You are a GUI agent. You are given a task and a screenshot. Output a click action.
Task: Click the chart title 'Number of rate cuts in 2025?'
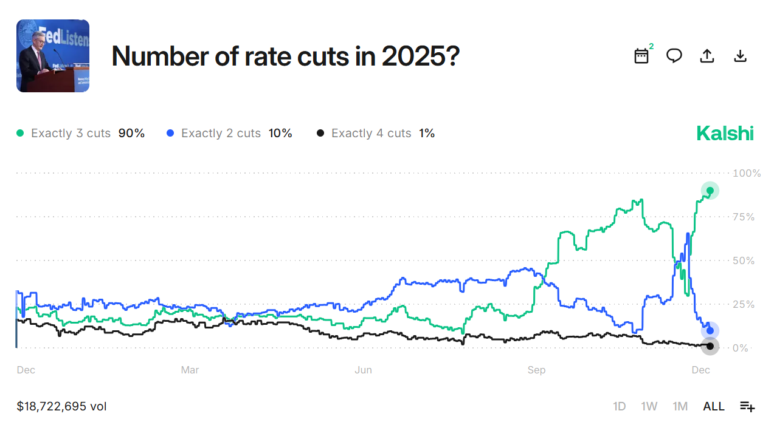coord(285,56)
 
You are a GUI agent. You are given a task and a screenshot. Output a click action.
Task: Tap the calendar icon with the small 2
coord(641,56)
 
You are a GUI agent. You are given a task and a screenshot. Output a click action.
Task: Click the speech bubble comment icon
coord(674,56)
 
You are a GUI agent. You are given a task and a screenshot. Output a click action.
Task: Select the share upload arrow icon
coord(707,56)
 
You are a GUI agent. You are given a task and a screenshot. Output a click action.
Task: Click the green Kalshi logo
coord(725,134)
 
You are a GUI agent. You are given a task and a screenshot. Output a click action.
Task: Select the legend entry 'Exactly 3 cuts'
coord(71,133)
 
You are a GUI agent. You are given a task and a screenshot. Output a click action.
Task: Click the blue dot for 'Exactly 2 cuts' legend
coord(170,133)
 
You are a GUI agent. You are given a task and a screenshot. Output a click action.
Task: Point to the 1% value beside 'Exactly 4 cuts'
coord(427,133)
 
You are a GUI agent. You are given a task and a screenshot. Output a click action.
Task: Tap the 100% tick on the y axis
coord(747,173)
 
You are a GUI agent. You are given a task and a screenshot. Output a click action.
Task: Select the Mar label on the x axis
coord(190,370)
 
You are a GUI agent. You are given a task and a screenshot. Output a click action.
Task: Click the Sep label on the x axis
coord(536,370)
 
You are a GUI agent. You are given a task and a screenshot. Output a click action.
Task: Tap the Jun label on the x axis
coord(363,370)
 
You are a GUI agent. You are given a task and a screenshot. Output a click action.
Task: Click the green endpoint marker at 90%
coord(710,190)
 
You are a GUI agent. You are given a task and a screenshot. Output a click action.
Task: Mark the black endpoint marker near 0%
coord(710,346)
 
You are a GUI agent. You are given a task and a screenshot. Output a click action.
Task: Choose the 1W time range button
coord(649,406)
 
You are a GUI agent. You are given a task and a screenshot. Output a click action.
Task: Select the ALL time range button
coord(714,406)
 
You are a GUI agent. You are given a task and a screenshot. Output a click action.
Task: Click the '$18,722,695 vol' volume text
coord(61,406)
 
